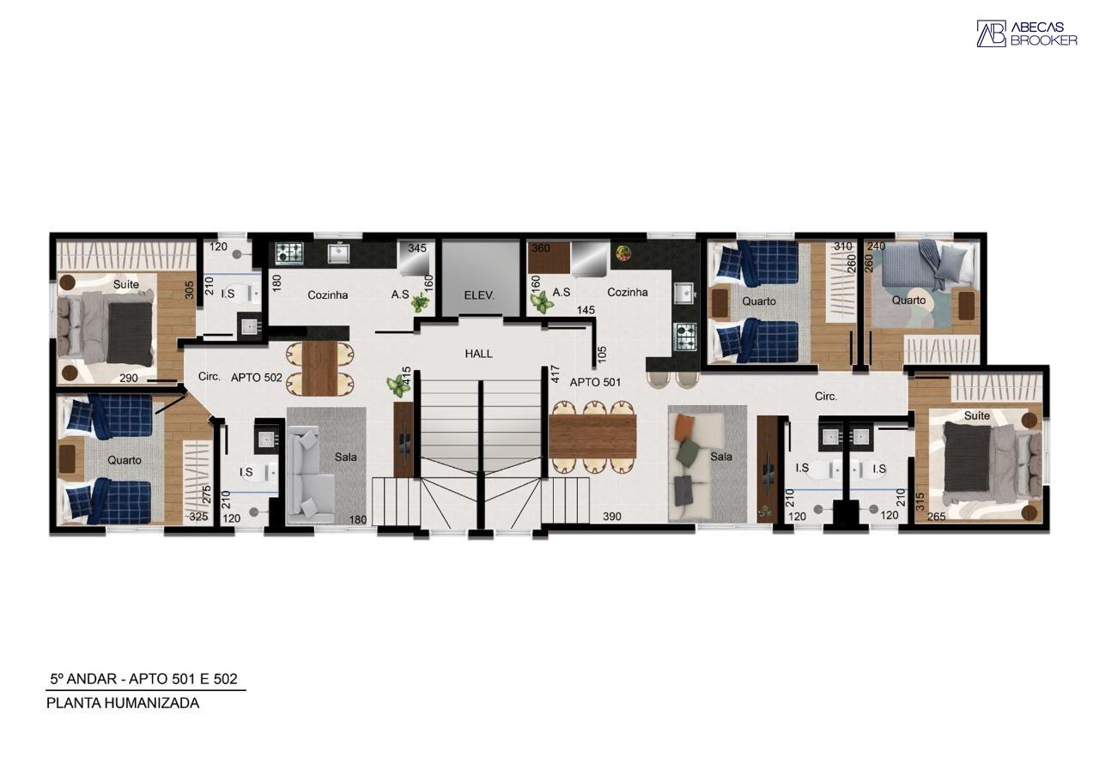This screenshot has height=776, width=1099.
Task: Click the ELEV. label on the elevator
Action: [x=479, y=296]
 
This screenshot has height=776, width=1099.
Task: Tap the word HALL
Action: [x=478, y=354]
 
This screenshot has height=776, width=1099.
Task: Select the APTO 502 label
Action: [x=256, y=377]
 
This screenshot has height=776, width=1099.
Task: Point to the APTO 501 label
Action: [x=595, y=382]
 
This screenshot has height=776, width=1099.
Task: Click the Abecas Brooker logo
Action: [x=1027, y=33]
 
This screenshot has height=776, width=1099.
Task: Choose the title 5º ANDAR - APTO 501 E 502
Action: [x=143, y=679]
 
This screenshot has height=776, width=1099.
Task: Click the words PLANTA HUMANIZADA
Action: [x=123, y=703]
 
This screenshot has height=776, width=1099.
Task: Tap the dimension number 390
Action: [x=612, y=516]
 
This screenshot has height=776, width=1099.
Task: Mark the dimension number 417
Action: [x=555, y=374]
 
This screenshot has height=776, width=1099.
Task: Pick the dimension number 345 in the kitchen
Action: [x=417, y=248]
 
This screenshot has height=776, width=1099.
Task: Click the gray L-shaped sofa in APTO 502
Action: [x=305, y=474]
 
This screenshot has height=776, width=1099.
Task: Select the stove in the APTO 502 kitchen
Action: [x=289, y=253]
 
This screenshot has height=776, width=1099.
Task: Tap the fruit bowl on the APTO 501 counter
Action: [x=623, y=252]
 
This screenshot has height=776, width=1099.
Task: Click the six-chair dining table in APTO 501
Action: [x=592, y=437]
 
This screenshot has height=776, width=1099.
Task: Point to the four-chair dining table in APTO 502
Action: [x=319, y=368]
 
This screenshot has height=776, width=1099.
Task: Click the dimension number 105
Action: [x=603, y=355]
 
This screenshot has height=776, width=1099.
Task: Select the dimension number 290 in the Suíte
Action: [x=129, y=378]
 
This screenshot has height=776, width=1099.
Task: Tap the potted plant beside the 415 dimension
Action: [x=398, y=386]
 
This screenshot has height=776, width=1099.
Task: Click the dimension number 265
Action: [x=936, y=516]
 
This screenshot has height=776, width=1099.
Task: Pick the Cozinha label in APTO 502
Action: [x=328, y=294]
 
